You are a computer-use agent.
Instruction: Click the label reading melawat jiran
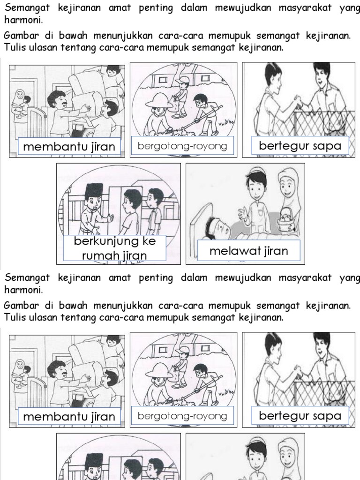click(x=248, y=251)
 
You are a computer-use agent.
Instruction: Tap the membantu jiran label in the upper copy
click(x=69, y=147)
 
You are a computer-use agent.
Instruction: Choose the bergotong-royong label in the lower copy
click(x=182, y=416)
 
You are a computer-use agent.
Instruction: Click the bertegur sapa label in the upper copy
click(x=300, y=146)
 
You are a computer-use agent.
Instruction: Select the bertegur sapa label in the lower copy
click(x=300, y=416)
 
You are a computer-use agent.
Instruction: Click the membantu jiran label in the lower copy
click(x=69, y=417)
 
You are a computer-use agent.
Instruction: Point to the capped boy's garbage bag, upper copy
click(x=176, y=105)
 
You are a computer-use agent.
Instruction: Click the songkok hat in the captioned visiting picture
click(x=93, y=189)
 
